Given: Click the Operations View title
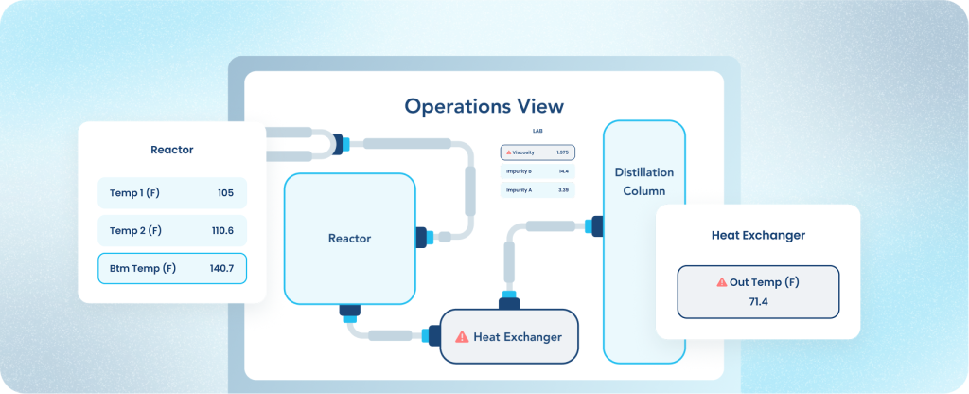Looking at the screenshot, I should (x=484, y=105).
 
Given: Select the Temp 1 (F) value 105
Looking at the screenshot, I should (x=225, y=192).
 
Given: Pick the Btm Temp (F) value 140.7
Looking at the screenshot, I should (x=221, y=268).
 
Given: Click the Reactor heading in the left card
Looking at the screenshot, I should (x=171, y=150).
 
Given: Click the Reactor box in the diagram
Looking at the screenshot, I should (x=350, y=238).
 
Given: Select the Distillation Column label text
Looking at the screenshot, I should (x=644, y=181).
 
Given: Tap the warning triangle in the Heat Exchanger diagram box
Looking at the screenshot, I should (x=462, y=336).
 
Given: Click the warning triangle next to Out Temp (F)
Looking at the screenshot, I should (x=722, y=281).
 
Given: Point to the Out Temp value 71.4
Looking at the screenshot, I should (x=758, y=300).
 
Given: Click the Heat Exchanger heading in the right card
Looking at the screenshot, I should (x=758, y=235).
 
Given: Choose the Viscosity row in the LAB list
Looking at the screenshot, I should (x=537, y=152).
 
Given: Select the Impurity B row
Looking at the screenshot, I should (x=537, y=171).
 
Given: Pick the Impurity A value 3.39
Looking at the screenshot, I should (x=563, y=190).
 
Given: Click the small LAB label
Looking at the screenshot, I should (x=537, y=131).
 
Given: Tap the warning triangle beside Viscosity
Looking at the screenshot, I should (x=509, y=152).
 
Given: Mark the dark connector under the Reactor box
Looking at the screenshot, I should (x=346, y=311).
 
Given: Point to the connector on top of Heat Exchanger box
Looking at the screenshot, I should (x=510, y=301).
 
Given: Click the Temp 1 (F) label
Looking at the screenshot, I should (x=135, y=192).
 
